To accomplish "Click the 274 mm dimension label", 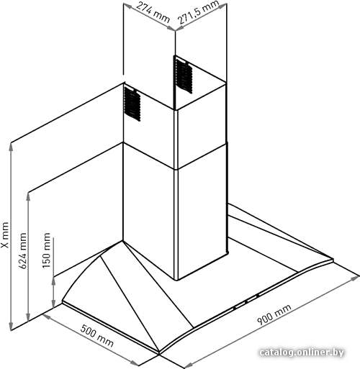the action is [153, 12].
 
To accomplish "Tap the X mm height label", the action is [5, 235].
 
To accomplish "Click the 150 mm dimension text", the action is [46, 250].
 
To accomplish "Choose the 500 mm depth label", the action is [96, 335].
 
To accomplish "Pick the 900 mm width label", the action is [274, 314].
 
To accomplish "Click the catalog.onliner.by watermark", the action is [302, 352].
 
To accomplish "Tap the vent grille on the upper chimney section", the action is [183, 74].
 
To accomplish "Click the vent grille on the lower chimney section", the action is [132, 104].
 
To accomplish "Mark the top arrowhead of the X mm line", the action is [11, 147].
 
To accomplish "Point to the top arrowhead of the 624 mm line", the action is [28, 196].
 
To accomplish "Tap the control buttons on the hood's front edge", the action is [246, 301].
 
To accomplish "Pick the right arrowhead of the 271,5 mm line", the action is [222, 6].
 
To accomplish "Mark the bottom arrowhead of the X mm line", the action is [11, 327].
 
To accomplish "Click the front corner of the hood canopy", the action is [159, 353].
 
